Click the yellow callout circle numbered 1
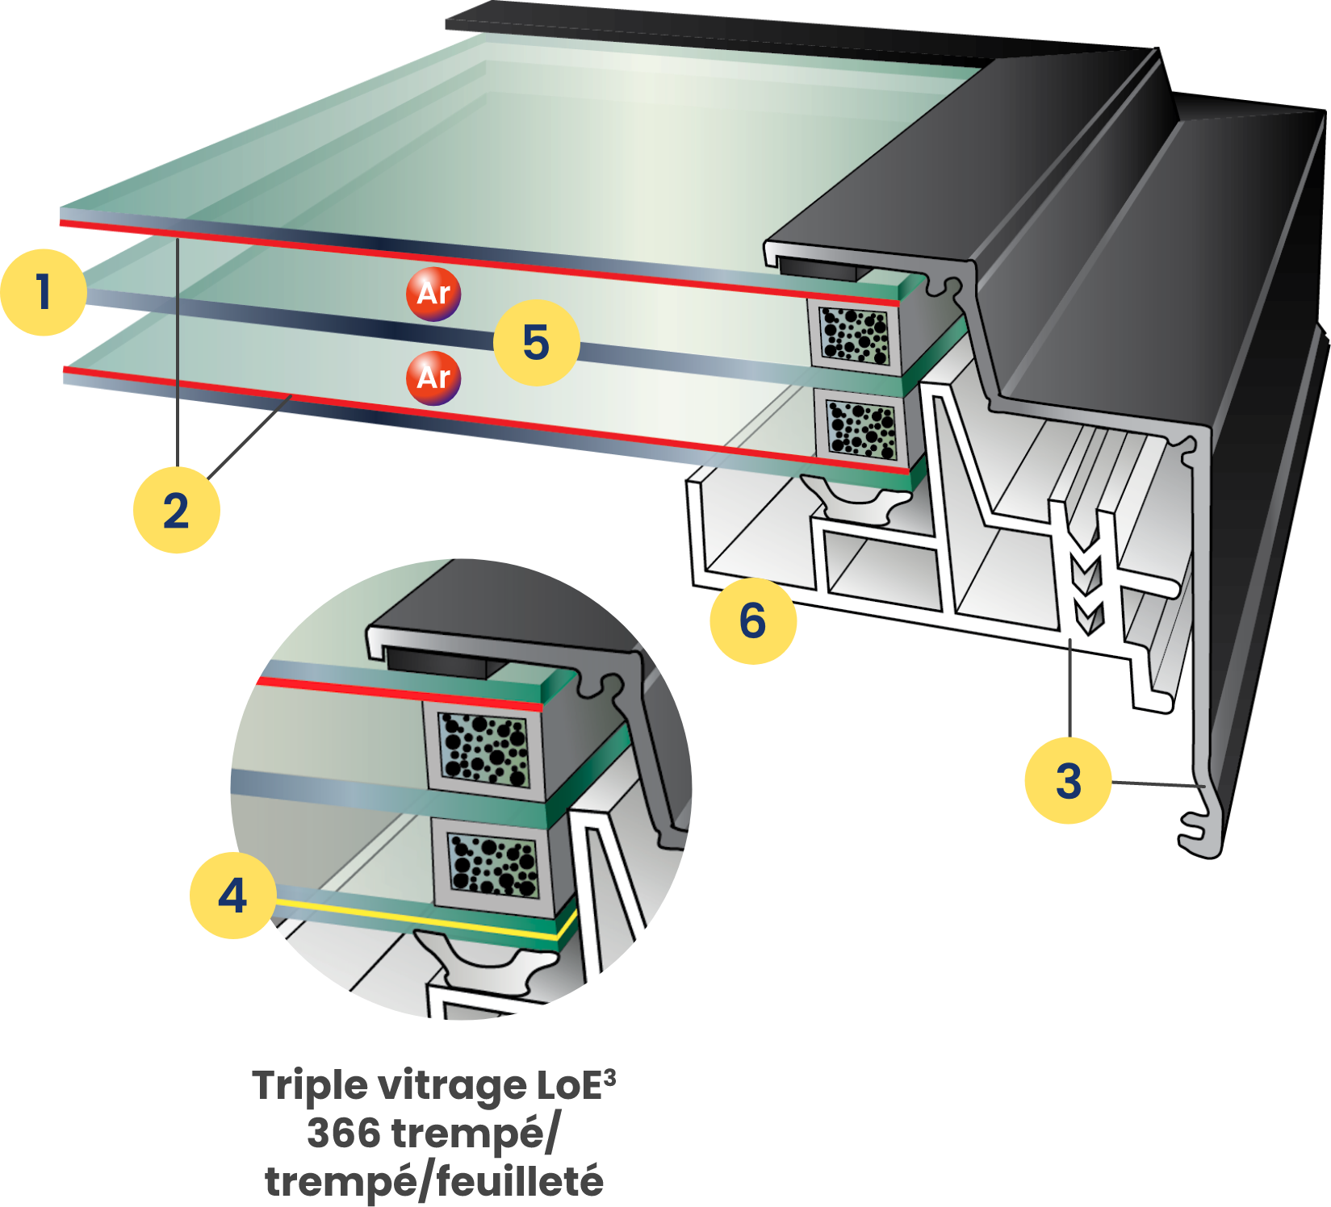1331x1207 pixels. click(x=44, y=292)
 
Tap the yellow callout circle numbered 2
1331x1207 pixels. click(x=176, y=510)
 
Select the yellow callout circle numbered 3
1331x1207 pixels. click(x=1067, y=780)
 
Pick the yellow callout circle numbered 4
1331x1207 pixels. click(x=232, y=896)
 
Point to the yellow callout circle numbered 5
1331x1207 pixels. click(x=536, y=342)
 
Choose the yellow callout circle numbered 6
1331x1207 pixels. click(x=752, y=620)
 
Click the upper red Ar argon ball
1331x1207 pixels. click(x=433, y=294)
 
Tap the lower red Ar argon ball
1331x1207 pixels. click(x=433, y=378)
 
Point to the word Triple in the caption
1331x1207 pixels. click(x=309, y=1086)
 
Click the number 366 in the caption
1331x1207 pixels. click(x=343, y=1133)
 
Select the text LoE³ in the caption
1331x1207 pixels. click(x=575, y=1085)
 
